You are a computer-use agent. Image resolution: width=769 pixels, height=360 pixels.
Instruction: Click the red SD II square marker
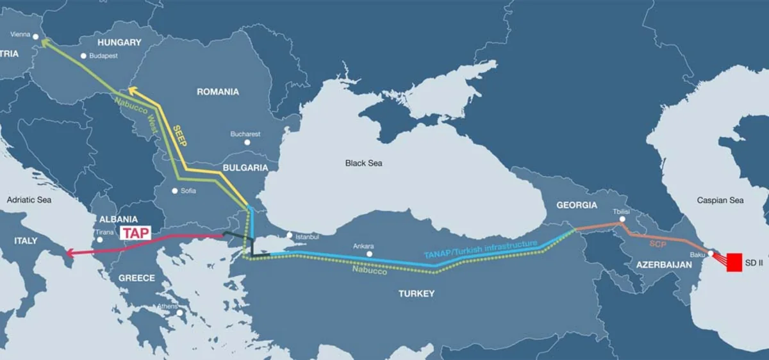734,263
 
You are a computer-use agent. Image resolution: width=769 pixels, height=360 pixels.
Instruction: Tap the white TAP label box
135,233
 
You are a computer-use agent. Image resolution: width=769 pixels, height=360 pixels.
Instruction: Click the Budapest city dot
83,56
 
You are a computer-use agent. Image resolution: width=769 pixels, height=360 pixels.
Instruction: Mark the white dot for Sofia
175,191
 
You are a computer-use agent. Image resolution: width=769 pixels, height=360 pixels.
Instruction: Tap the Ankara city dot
368,254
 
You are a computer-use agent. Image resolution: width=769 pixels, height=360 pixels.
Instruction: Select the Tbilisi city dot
620,222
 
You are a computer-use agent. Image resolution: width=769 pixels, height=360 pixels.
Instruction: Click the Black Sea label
363,163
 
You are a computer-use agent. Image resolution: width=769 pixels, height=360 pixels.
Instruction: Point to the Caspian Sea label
720,200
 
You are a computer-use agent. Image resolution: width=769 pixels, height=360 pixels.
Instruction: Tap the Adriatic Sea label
29,200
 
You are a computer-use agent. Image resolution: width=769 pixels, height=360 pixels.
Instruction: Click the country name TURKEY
416,293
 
